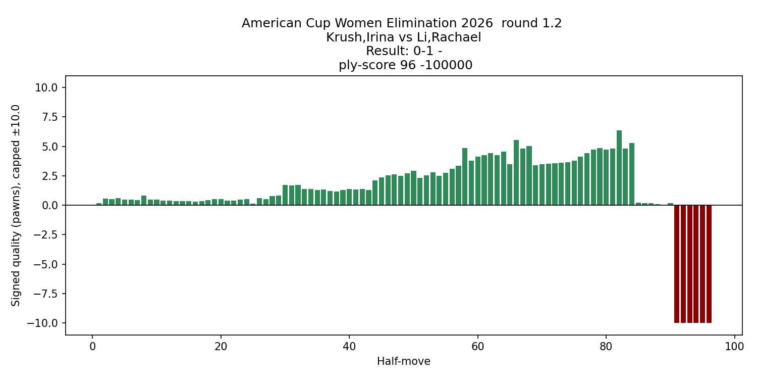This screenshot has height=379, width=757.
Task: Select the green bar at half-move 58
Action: [465, 177]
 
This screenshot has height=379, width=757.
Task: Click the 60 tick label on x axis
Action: [477, 347]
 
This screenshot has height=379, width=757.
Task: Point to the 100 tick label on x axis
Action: [734, 347]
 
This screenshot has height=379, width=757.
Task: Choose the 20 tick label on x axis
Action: [221, 347]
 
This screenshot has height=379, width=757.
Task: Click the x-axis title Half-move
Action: [404, 361]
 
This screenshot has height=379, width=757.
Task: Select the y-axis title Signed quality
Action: [16, 205]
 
